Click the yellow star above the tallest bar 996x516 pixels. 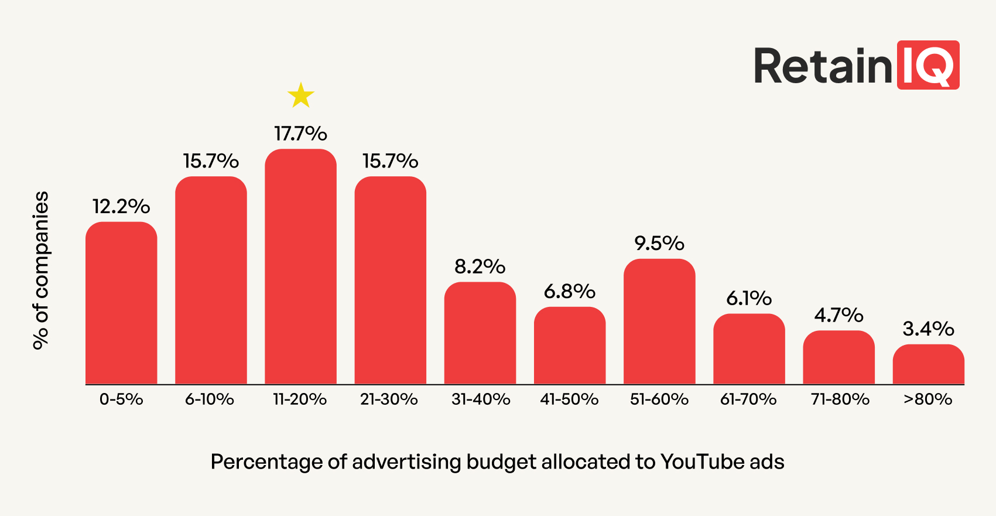coord(301,95)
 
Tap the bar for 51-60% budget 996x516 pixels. coord(659,322)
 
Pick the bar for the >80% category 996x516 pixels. coord(928,364)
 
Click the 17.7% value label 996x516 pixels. coord(301,134)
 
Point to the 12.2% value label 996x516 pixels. coord(121,206)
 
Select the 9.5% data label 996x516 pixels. coord(659,243)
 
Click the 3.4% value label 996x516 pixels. coord(928,329)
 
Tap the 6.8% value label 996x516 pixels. coord(570,291)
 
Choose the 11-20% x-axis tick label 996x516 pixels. coord(300,399)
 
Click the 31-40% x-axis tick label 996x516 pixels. coord(481,399)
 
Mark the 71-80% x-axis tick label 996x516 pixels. coord(840,399)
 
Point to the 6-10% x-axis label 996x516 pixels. coord(210,399)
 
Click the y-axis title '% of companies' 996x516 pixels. coord(41,271)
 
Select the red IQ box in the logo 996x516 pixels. coord(928,65)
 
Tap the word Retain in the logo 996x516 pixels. coord(823,66)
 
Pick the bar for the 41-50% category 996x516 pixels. coord(570,346)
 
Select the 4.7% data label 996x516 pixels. coord(838,315)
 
